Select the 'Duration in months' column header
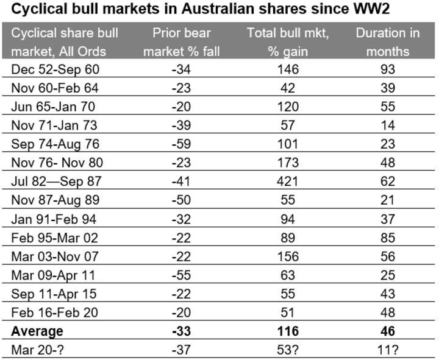388,41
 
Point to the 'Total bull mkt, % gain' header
288,41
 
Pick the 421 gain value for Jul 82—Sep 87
288,182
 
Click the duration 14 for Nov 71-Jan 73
388,125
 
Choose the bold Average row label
38,332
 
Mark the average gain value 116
288,332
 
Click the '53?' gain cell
288,351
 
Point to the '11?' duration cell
388,351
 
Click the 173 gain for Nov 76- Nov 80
288,163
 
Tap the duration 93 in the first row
388,69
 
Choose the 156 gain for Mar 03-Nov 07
288,256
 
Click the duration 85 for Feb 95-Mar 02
388,238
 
